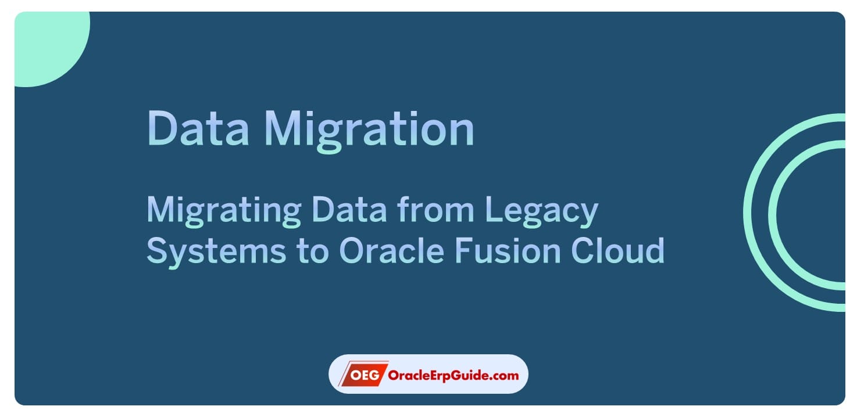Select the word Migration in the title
click(x=369, y=129)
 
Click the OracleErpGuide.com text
click(x=453, y=375)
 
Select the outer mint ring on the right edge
click(x=748, y=213)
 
